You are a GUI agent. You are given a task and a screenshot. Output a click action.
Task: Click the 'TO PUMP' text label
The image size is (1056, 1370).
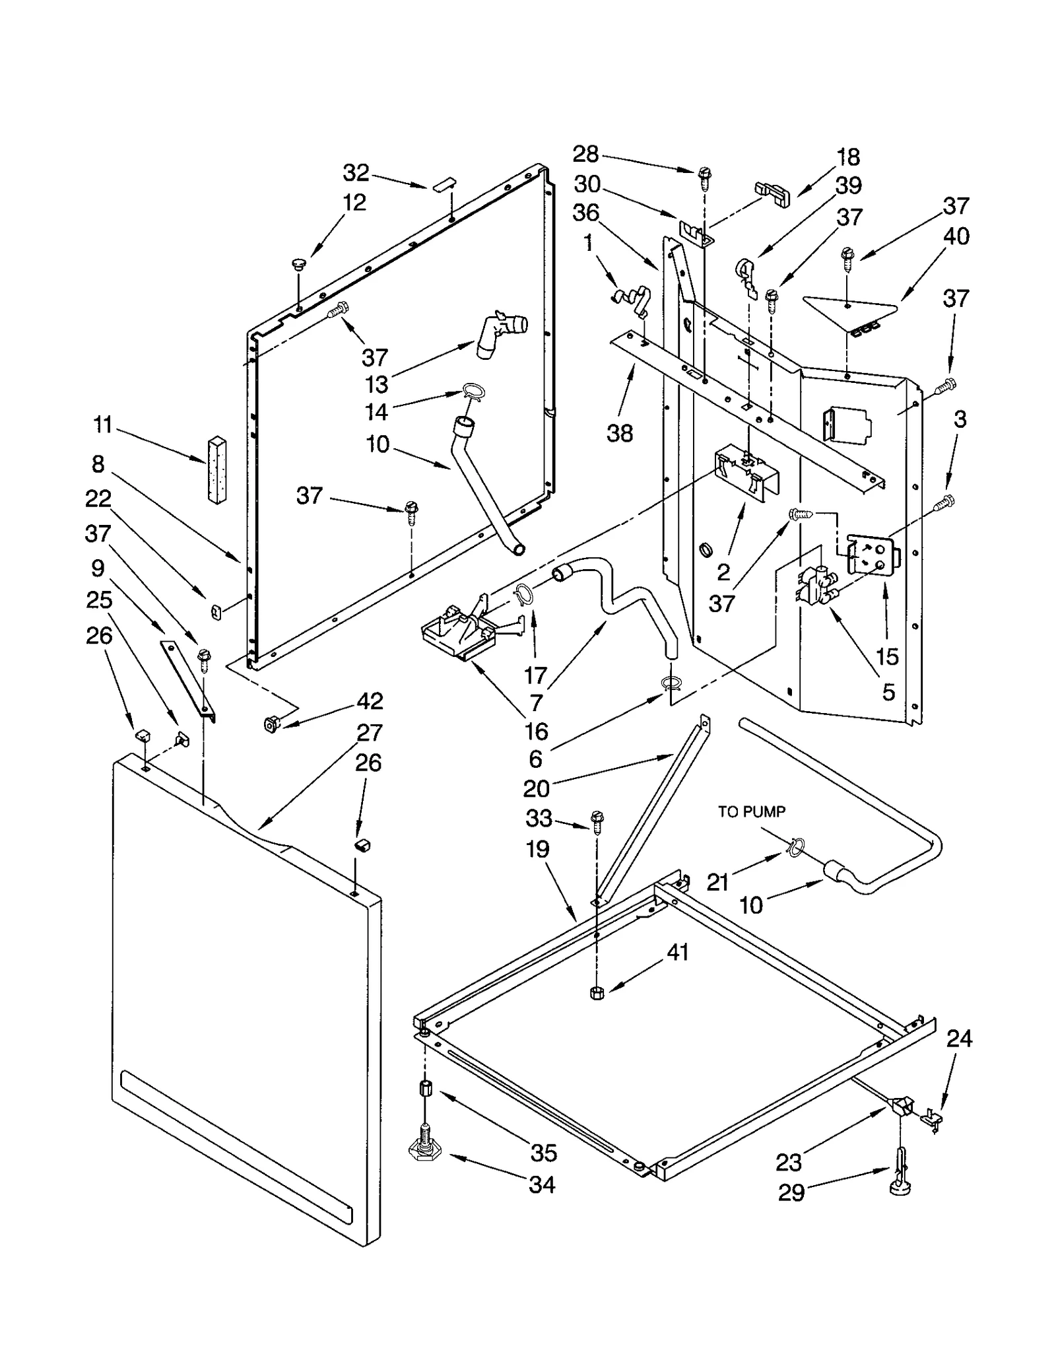tap(751, 811)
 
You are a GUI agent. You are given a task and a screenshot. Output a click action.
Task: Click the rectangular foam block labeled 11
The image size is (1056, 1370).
tap(215, 469)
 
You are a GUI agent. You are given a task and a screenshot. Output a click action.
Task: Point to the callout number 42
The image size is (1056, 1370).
tap(369, 701)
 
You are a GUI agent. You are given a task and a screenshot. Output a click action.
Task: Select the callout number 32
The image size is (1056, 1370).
tap(356, 173)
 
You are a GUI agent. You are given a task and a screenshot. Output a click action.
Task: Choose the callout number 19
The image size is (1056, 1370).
tap(537, 849)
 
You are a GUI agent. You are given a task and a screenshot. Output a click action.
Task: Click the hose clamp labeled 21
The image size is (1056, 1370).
tap(796, 847)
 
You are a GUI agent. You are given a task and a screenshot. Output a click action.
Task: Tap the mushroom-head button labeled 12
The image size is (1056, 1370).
tap(299, 265)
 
